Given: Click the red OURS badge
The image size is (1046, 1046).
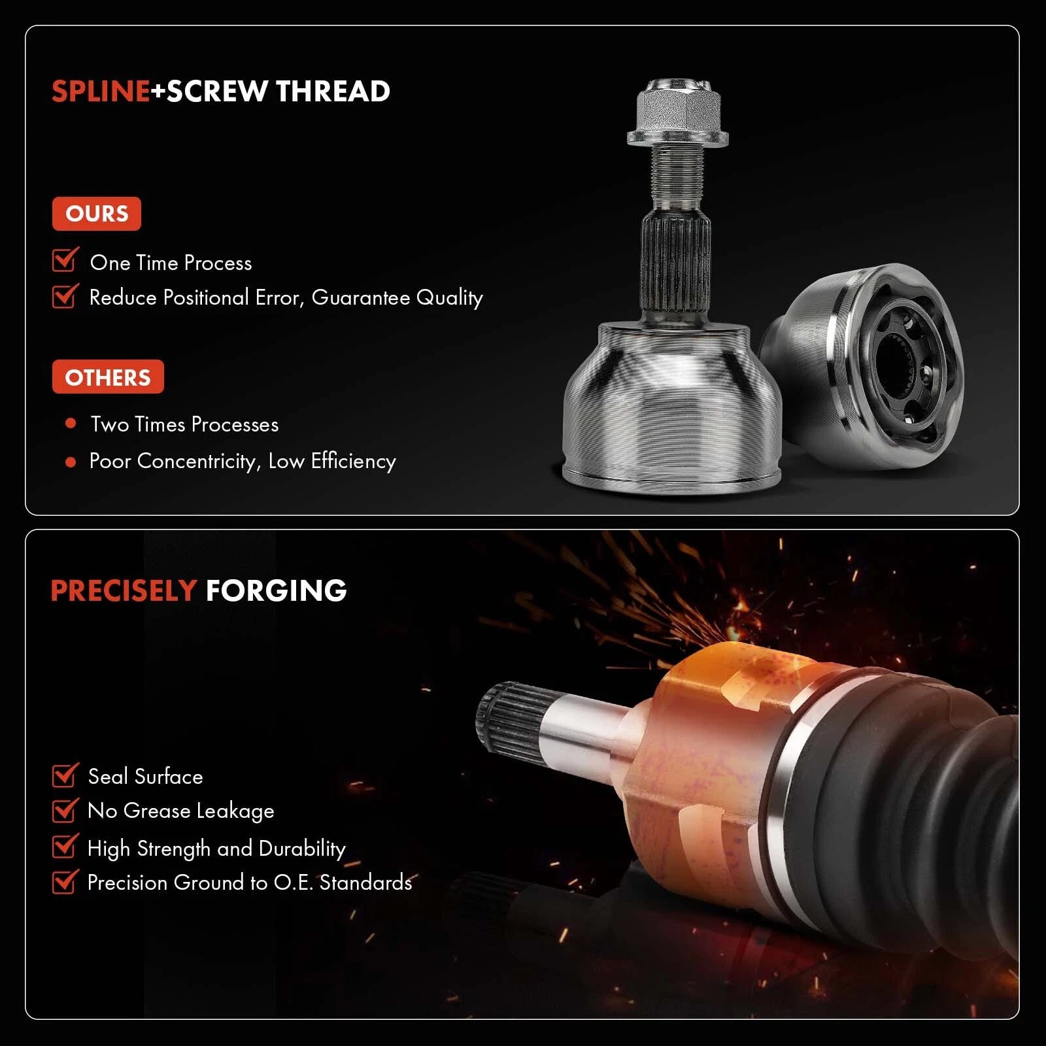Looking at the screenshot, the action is click(97, 214).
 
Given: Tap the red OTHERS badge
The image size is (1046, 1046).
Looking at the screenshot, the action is click(108, 377).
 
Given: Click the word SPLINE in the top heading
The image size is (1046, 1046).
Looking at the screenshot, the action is click(101, 92).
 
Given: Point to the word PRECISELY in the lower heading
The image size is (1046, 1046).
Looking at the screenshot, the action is click(124, 591).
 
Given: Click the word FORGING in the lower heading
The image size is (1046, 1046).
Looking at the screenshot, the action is click(276, 591).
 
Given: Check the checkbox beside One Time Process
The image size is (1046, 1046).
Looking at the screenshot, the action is click(65, 260).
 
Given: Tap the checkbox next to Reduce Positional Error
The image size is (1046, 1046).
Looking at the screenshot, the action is click(65, 295).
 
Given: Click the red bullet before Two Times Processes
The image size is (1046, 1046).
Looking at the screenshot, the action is click(71, 424).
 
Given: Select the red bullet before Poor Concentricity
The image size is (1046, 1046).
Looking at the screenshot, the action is click(71, 462).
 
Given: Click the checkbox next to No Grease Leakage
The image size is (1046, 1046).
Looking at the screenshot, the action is click(65, 810).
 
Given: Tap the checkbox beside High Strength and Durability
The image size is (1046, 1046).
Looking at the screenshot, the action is click(65, 845).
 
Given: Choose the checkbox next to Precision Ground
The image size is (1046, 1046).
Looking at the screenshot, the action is click(65, 881).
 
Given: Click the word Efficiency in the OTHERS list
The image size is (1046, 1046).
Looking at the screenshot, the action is click(353, 462).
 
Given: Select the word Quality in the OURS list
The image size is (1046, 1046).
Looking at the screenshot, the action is click(450, 298).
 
